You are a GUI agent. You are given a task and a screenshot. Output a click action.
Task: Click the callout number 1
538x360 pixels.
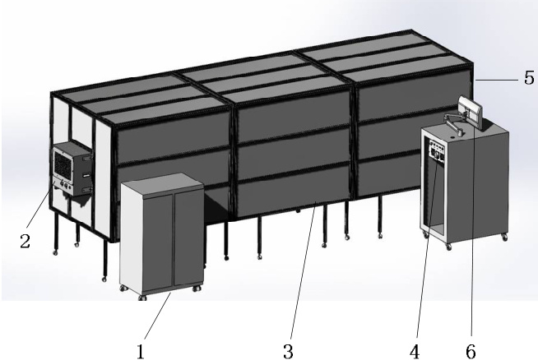(x=141, y=352)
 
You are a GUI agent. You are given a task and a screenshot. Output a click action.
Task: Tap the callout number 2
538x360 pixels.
(x=25, y=242)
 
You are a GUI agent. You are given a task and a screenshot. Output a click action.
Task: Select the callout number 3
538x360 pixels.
(x=289, y=352)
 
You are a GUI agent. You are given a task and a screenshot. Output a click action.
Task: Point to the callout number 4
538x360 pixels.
(x=415, y=352)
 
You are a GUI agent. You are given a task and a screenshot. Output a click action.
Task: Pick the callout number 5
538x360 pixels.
(x=530, y=77)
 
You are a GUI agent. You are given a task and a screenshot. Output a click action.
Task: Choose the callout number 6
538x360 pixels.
(x=471, y=352)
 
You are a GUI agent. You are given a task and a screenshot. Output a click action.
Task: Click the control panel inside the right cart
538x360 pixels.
(x=437, y=152)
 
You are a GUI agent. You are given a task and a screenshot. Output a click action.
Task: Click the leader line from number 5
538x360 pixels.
(x=497, y=81)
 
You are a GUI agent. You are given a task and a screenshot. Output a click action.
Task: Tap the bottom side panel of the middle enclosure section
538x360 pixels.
(x=294, y=190)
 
